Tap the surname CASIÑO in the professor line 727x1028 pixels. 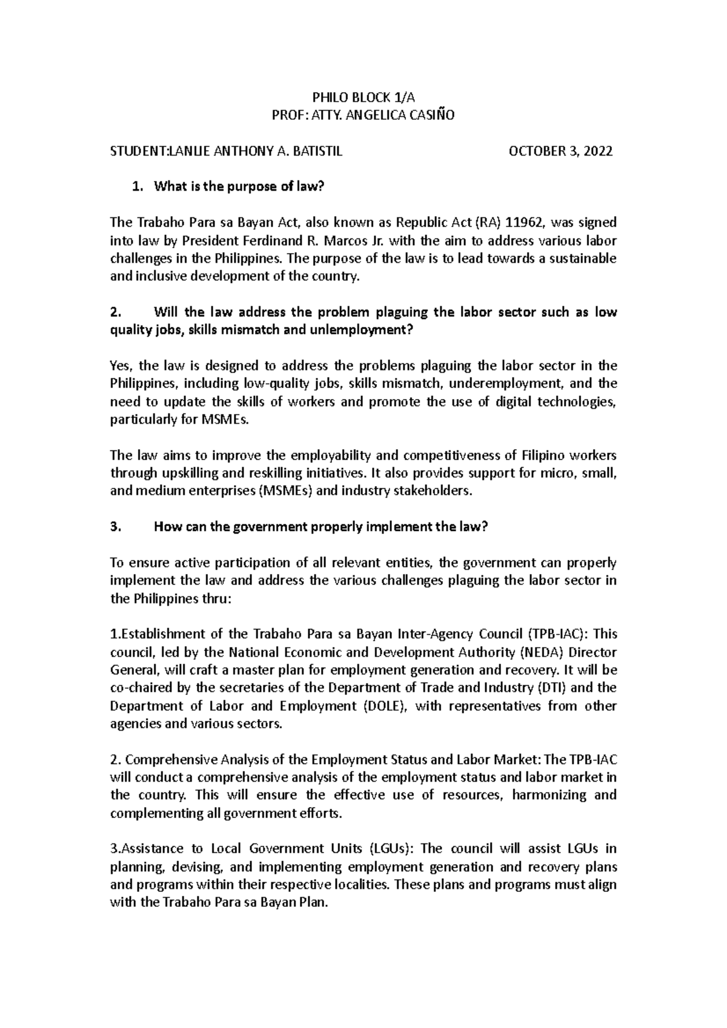tap(428, 116)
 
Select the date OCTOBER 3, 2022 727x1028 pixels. tap(561, 151)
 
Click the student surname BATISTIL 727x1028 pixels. tap(317, 151)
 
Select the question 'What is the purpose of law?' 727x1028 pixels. tap(236, 187)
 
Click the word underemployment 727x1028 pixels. tap(500, 384)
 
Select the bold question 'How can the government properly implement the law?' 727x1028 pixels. tap(320, 527)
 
